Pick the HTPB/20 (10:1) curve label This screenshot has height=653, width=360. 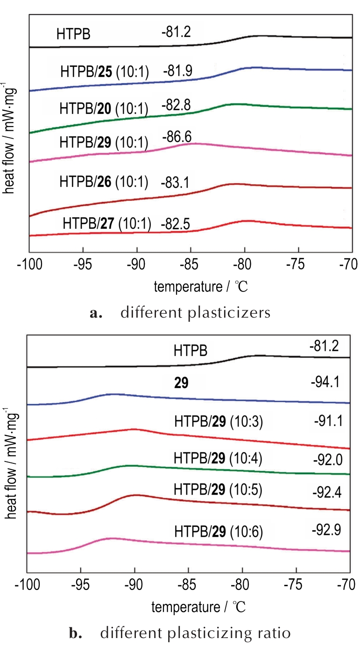point(103,109)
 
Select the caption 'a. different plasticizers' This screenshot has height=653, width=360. point(180,312)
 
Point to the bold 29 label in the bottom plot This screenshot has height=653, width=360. point(180,383)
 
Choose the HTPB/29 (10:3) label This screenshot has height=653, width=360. point(219,423)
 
